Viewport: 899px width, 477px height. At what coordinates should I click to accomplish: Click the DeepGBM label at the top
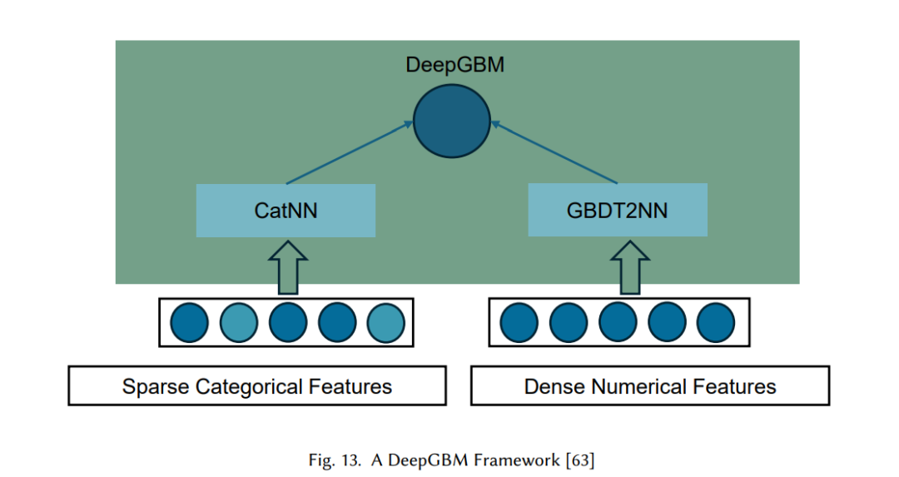tap(454, 65)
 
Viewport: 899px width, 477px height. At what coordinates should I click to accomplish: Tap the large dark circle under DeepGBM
tap(452, 121)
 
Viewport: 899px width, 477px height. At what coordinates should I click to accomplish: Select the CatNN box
tap(286, 211)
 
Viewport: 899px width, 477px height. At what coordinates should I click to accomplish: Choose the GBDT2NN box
tap(618, 210)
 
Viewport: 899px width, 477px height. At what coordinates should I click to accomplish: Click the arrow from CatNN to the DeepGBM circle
tap(349, 152)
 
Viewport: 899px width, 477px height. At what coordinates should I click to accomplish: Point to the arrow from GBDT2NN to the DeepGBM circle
tap(554, 152)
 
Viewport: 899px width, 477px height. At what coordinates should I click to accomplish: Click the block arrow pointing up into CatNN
tap(288, 268)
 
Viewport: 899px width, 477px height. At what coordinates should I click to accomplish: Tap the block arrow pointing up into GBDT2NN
tap(630, 268)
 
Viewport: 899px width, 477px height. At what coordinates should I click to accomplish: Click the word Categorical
tap(249, 387)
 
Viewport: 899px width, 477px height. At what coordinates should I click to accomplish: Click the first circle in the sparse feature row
tap(189, 323)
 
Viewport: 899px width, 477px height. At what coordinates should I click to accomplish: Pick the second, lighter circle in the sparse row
tap(239, 323)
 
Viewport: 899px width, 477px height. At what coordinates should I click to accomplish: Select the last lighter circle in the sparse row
tap(386, 323)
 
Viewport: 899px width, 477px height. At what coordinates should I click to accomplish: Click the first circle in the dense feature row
tap(519, 323)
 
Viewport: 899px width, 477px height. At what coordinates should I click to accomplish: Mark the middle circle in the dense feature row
tap(618, 323)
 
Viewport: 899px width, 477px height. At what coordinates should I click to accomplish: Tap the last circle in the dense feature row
tap(716, 323)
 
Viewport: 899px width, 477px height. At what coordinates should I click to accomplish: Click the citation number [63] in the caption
tap(580, 460)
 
